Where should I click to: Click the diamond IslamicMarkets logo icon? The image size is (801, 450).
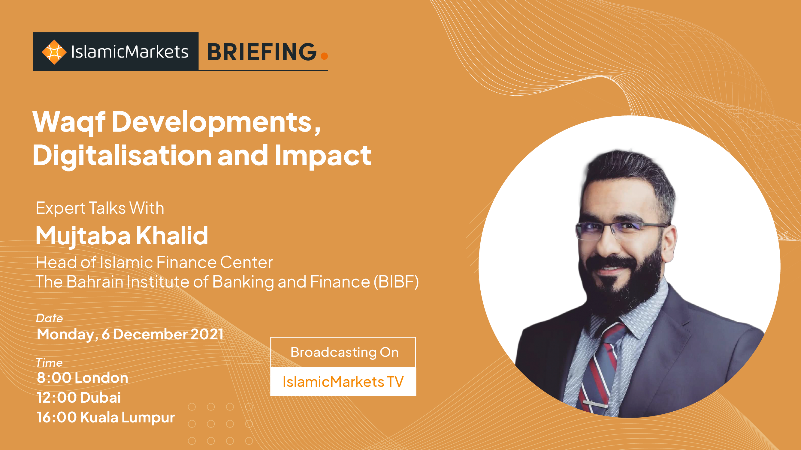pos(54,52)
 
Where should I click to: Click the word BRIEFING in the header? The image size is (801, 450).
pos(262,52)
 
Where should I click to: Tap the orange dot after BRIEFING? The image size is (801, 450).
pos(324,55)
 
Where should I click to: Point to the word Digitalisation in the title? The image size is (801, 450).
pos(122,156)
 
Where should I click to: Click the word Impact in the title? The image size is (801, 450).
pos(323,156)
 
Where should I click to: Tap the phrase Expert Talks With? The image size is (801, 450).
pos(100,208)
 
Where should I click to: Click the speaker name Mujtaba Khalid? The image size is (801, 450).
pos(122,236)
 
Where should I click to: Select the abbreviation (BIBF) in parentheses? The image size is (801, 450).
pos(396,282)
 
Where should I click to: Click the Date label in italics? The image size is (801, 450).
pos(50,318)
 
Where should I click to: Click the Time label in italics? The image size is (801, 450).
pos(49,363)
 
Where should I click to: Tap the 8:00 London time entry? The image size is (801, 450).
pos(82,378)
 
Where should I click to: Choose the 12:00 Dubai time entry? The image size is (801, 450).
pos(79,398)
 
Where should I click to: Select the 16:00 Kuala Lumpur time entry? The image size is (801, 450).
pos(106,417)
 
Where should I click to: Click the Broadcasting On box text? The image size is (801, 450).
pos(344,353)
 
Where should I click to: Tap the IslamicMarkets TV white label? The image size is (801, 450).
pos(343,382)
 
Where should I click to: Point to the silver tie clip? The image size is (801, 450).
pos(595,404)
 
